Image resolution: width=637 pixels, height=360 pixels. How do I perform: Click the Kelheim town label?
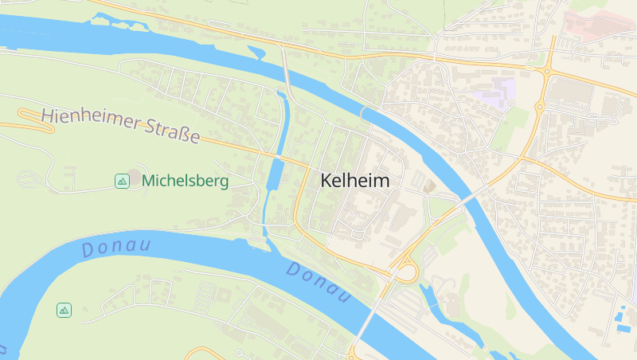[355, 181]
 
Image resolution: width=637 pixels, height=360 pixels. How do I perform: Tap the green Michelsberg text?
[185, 182]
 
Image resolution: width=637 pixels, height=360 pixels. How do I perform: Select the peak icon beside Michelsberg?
[122, 182]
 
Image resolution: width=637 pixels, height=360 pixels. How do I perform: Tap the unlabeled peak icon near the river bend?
[64, 310]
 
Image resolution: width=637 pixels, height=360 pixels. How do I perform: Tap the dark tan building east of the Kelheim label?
[429, 186]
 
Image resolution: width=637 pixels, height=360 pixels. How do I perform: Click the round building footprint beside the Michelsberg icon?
[135, 174]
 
